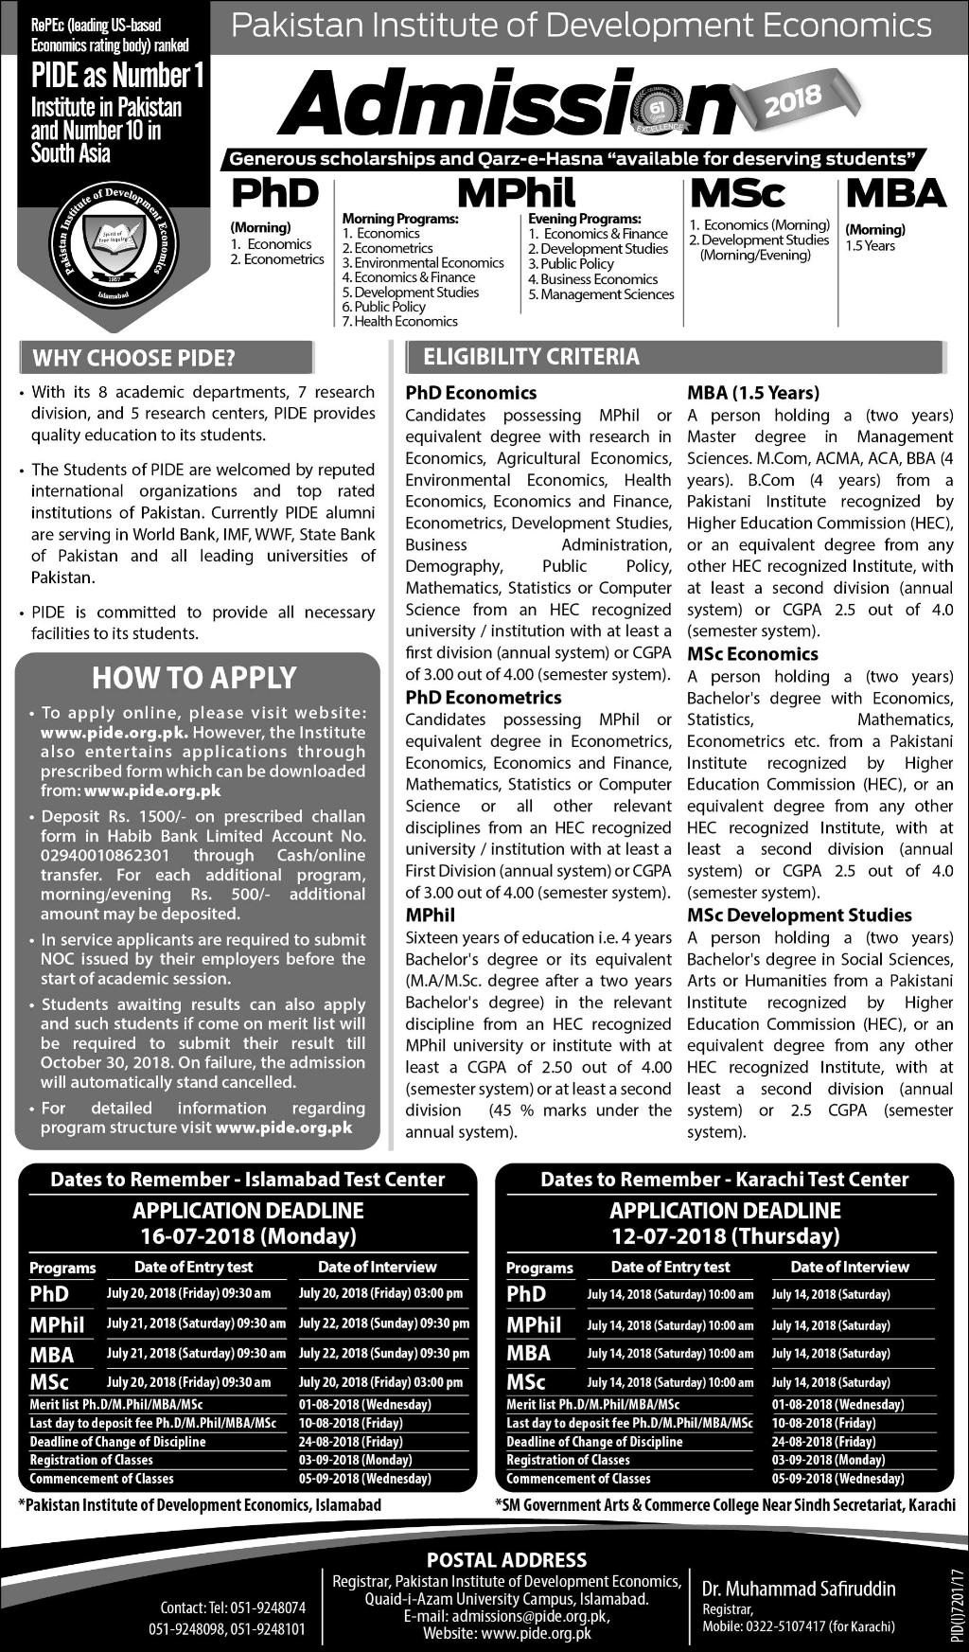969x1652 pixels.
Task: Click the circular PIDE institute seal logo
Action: tap(112, 240)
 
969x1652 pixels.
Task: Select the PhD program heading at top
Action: tap(275, 194)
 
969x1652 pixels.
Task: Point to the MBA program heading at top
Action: tap(895, 193)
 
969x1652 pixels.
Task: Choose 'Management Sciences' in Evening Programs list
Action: tap(607, 294)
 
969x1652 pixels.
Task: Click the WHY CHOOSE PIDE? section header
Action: tap(133, 359)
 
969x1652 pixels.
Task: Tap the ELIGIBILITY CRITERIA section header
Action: tap(531, 357)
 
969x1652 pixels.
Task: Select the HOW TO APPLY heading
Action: tap(194, 678)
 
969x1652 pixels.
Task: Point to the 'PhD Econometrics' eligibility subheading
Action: tap(484, 698)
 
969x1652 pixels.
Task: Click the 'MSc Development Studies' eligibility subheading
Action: tap(799, 915)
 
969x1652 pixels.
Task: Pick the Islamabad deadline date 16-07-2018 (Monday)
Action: tap(248, 1235)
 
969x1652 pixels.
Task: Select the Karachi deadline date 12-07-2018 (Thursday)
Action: tap(725, 1235)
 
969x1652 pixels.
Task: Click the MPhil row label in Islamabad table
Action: tap(57, 1324)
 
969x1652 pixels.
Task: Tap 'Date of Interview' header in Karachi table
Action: tap(849, 1267)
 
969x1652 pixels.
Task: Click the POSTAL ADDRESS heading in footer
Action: tap(506, 1560)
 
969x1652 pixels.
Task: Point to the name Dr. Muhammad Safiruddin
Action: tap(798, 1589)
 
